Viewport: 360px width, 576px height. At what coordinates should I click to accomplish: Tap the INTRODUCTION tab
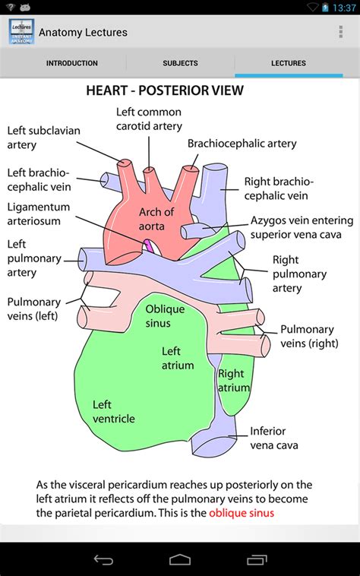tap(71, 63)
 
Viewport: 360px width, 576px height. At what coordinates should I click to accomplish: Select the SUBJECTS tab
tap(180, 63)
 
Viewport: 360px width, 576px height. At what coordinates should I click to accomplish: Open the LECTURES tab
tap(289, 63)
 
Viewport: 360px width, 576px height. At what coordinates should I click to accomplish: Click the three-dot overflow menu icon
tap(340, 32)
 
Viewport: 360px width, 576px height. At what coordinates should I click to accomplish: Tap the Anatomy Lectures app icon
tap(21, 32)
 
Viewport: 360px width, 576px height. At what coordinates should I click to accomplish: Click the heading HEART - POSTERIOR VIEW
tap(165, 91)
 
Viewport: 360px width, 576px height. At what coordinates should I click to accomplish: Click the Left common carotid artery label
tap(149, 119)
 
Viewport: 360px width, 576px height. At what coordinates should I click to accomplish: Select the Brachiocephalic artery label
tap(242, 143)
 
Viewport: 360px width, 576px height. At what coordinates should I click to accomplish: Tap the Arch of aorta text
tap(156, 218)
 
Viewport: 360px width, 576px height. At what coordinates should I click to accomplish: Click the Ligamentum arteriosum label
tap(38, 214)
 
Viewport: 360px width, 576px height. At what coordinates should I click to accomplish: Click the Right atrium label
tap(232, 381)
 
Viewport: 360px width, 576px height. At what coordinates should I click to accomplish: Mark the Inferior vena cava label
tap(274, 438)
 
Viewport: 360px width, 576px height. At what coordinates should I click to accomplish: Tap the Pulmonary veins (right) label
tap(307, 336)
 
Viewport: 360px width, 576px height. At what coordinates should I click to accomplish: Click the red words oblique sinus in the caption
tap(242, 513)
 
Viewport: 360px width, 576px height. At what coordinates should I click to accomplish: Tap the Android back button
tap(103, 560)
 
